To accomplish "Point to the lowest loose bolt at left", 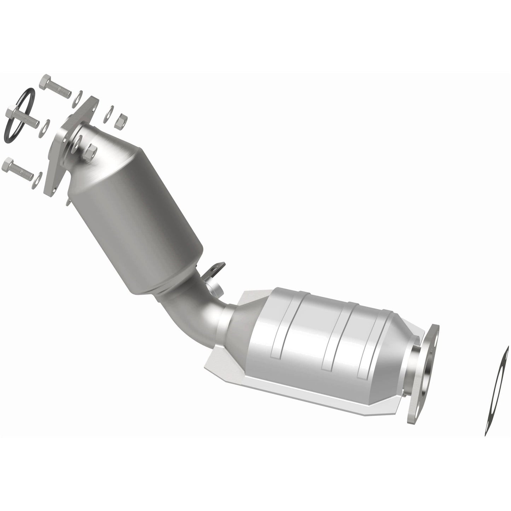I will [x=18, y=169].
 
